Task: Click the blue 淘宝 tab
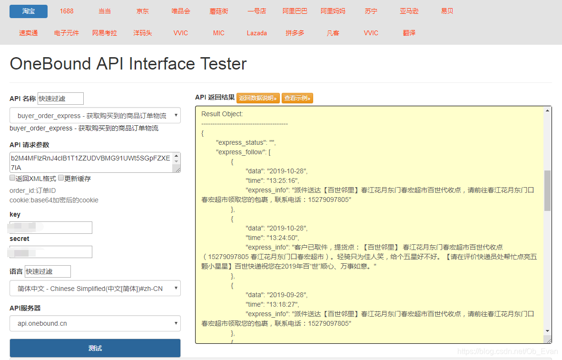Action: (x=29, y=11)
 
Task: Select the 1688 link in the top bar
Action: (x=67, y=11)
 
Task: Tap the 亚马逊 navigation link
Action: (x=409, y=11)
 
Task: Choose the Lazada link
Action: (x=257, y=33)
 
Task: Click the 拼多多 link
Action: (x=295, y=33)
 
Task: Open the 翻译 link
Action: (x=409, y=33)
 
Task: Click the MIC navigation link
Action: (x=219, y=33)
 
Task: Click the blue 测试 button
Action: (x=95, y=348)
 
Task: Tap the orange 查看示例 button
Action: (x=297, y=98)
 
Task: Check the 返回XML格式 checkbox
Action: (x=12, y=178)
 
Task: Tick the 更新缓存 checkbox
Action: (x=61, y=178)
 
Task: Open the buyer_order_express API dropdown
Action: (x=95, y=116)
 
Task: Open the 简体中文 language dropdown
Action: (x=95, y=288)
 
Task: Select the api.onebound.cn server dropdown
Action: (x=95, y=323)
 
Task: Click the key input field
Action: (x=51, y=228)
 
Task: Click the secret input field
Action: (x=51, y=252)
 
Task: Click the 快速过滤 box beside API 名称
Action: (x=60, y=99)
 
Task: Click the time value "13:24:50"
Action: (x=283, y=238)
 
